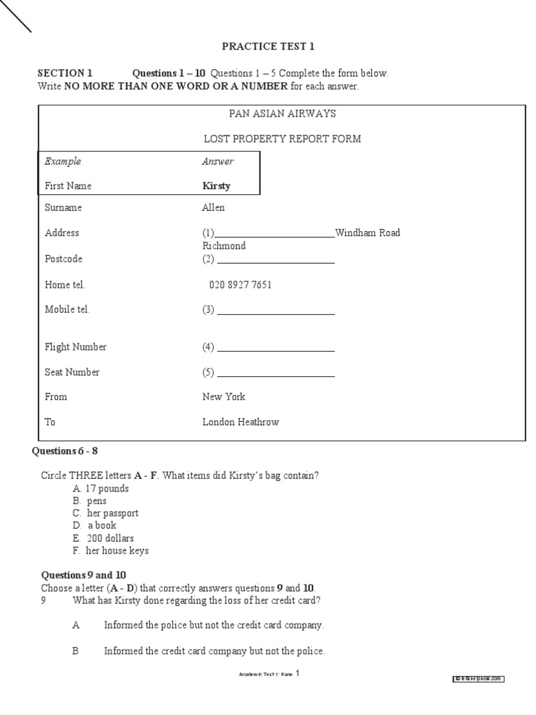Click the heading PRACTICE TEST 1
(268, 47)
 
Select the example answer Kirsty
(216, 186)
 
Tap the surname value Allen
(214, 208)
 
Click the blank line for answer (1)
(275, 234)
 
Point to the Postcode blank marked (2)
(275, 260)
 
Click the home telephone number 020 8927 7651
(240, 285)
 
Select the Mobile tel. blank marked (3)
(275, 311)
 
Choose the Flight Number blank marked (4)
(275, 348)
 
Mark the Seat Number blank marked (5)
(275, 373)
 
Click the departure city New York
(224, 397)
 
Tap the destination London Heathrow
(240, 422)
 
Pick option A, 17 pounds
(100, 489)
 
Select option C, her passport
(105, 513)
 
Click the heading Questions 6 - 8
(70, 451)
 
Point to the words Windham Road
(368, 233)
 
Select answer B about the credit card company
(214, 651)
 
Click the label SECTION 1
(65, 73)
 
